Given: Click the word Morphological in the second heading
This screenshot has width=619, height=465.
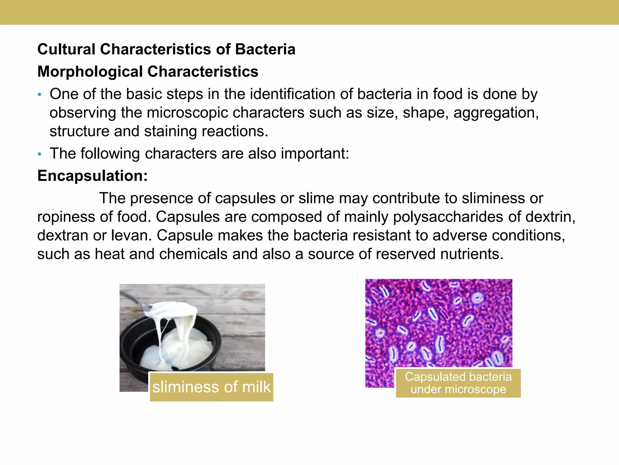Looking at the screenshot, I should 90,72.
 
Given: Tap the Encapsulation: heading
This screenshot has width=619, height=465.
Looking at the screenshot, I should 92,176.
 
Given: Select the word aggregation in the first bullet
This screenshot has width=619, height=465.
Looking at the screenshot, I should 496,113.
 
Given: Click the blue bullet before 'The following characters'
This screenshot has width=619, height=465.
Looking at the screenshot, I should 39,154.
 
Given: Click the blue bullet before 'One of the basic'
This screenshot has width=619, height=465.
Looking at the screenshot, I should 39,95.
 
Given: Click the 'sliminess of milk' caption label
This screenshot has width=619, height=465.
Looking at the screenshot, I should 212,387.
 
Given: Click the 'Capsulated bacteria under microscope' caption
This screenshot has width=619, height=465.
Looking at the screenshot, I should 458,383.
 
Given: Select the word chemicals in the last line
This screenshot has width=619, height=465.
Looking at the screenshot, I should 193,254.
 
